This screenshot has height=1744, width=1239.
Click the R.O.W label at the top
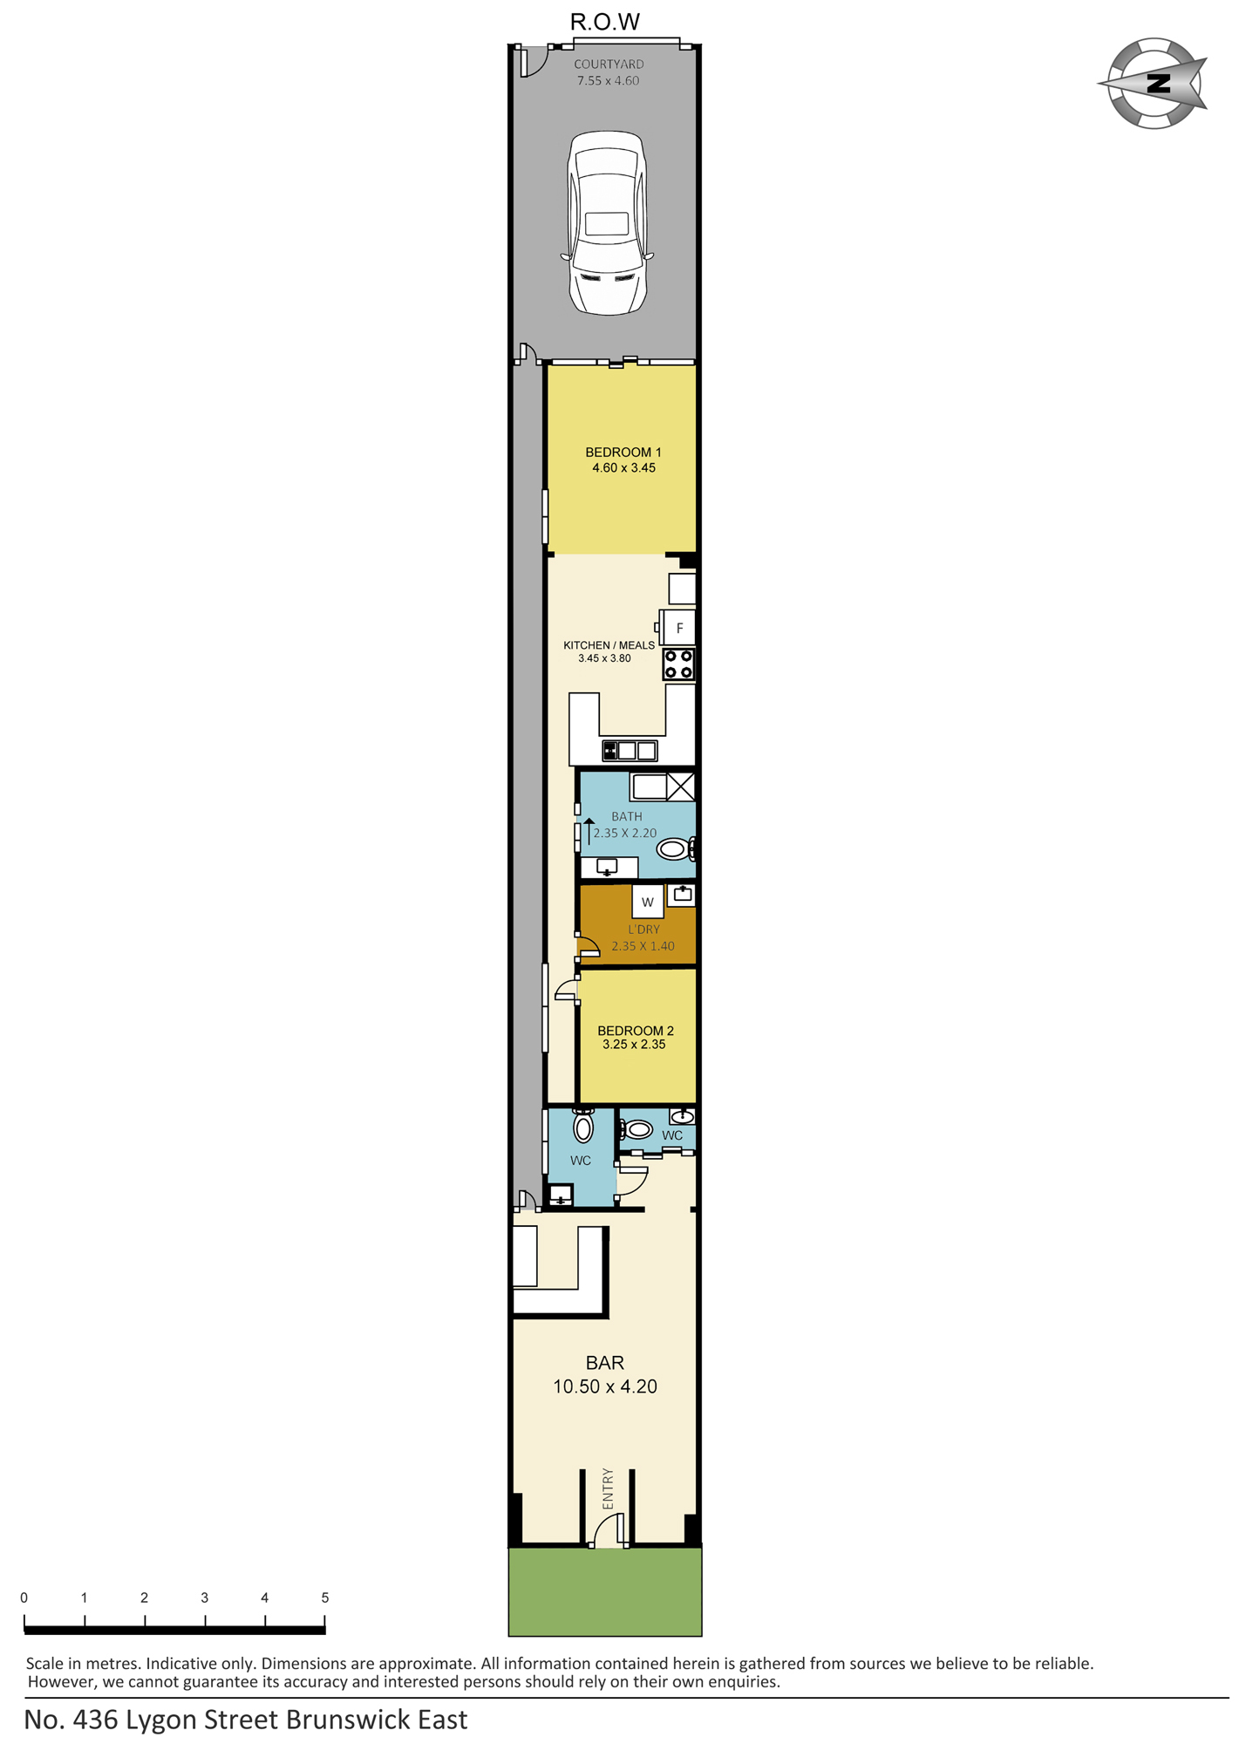pyautogui.click(x=605, y=22)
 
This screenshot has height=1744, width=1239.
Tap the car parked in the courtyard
pyautogui.click(x=607, y=222)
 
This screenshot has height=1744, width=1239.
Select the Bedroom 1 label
pyautogui.click(x=623, y=453)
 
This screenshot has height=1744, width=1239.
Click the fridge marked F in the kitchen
pyautogui.click(x=678, y=628)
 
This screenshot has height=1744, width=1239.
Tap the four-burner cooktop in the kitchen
pyautogui.click(x=678, y=664)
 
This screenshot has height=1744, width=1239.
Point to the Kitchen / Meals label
pyautogui.click(x=609, y=645)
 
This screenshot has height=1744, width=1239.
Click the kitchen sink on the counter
pyautogui.click(x=630, y=750)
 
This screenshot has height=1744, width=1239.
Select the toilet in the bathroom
pyautogui.click(x=676, y=848)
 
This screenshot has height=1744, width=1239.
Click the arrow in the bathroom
pyautogui.click(x=589, y=831)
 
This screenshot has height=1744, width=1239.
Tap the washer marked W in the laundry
pyautogui.click(x=648, y=902)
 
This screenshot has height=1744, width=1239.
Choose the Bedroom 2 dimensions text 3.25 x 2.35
pyautogui.click(x=634, y=1045)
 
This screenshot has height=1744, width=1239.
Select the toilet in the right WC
pyautogui.click(x=636, y=1130)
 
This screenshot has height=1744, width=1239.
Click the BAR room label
pyautogui.click(x=605, y=1363)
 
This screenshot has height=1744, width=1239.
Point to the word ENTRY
pyautogui.click(x=608, y=1489)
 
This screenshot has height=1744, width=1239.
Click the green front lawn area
pyautogui.click(x=605, y=1591)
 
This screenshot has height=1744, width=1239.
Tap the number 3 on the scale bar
pyautogui.click(x=205, y=1598)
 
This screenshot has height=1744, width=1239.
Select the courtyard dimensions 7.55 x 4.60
pyautogui.click(x=608, y=80)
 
